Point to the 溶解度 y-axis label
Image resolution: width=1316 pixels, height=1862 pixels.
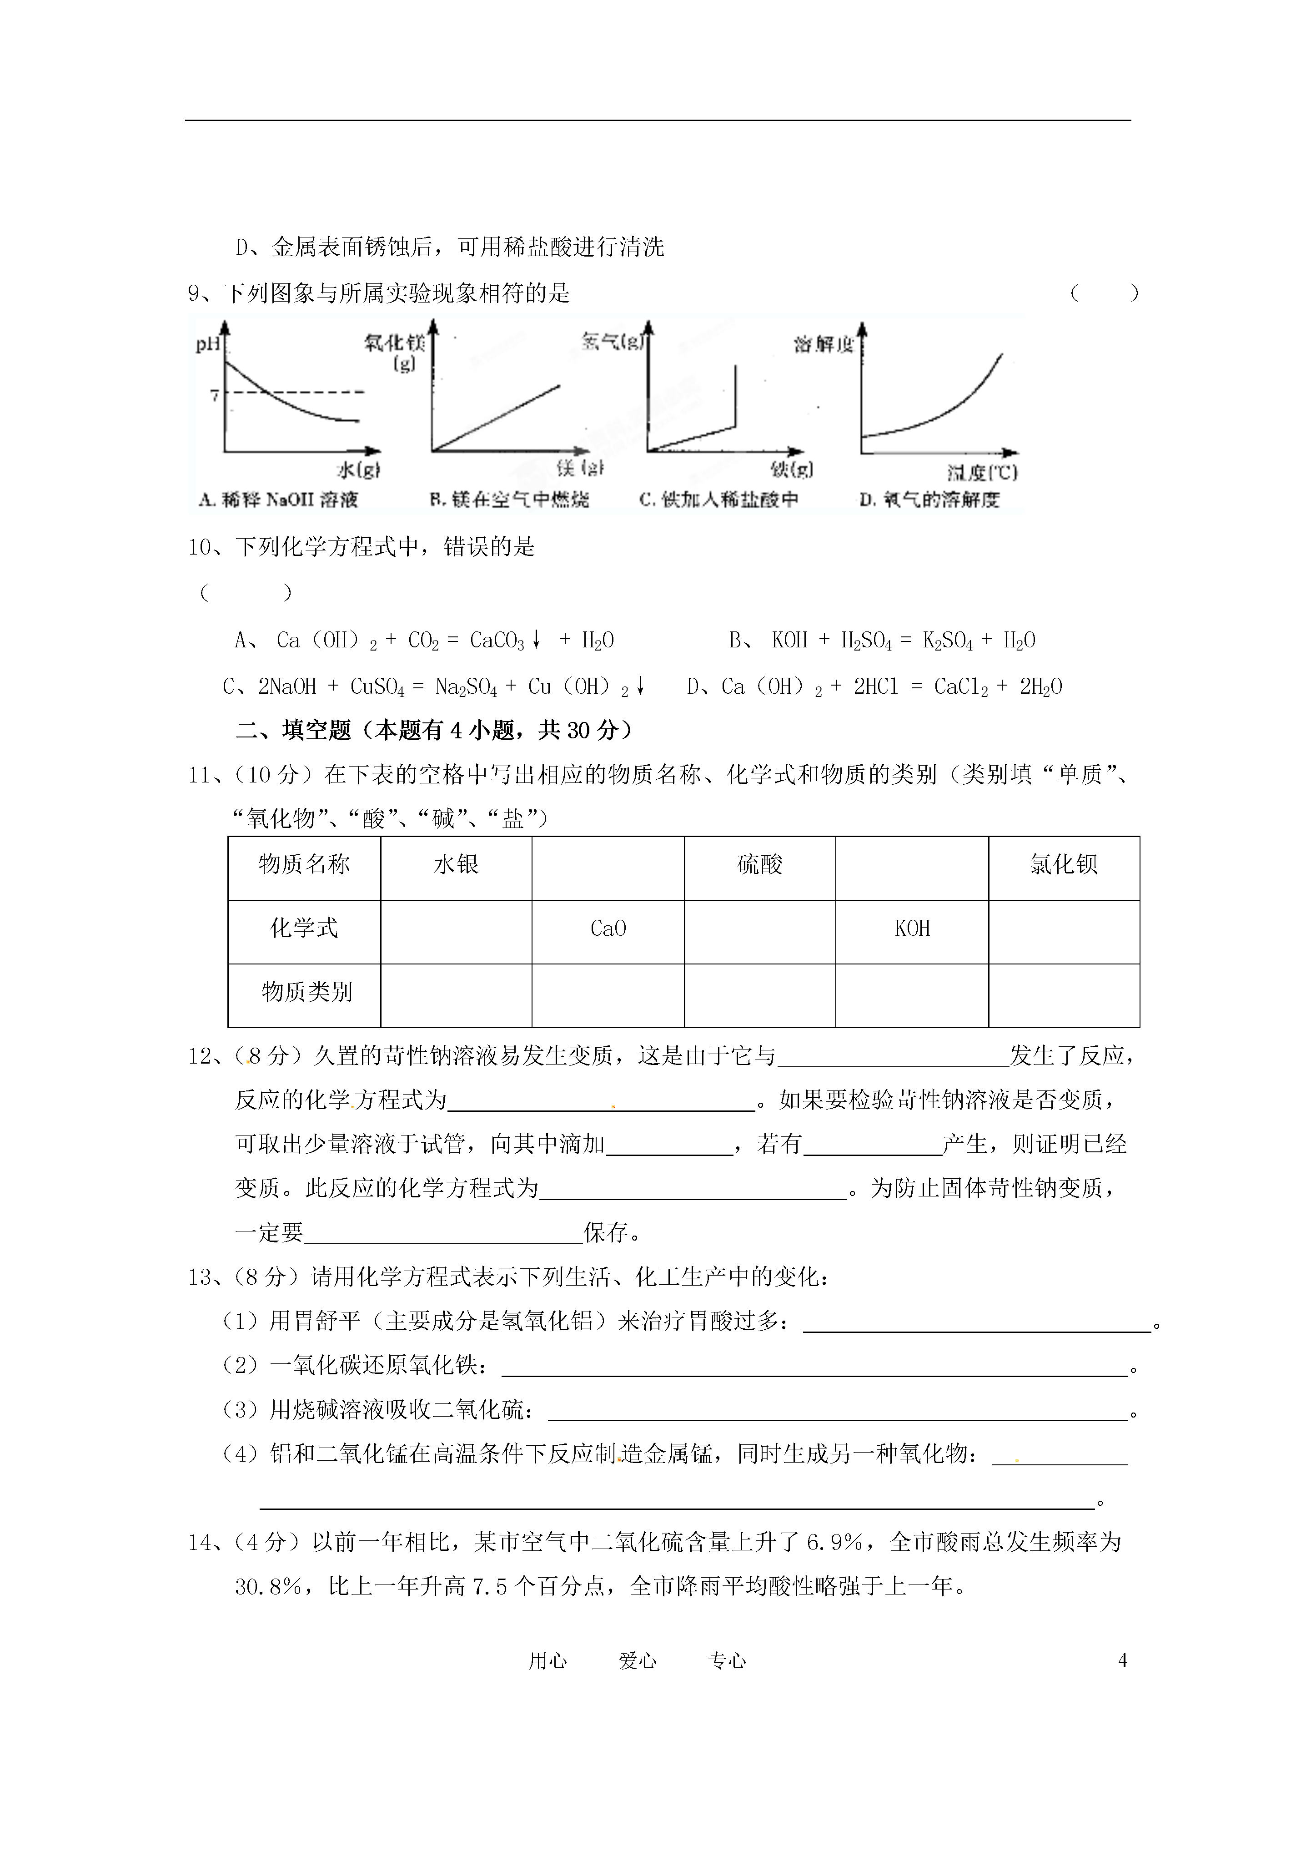[x=823, y=345]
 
